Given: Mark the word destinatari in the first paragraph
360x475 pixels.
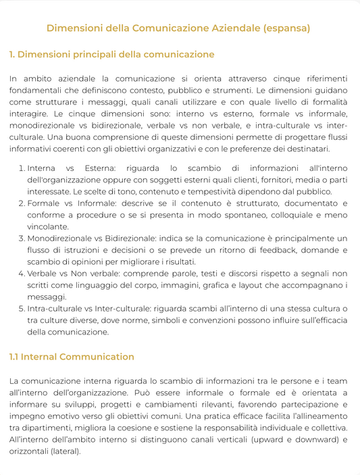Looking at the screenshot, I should tap(303, 149).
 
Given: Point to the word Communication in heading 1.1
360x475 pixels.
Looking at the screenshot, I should tap(98, 357).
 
